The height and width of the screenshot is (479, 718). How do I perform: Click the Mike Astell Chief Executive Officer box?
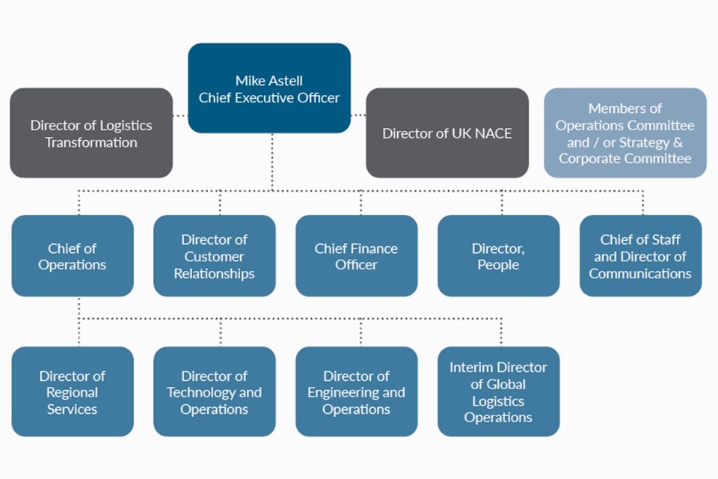click(269, 88)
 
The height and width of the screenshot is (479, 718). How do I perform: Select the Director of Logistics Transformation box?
click(91, 133)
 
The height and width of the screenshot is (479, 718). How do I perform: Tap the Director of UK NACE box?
click(447, 133)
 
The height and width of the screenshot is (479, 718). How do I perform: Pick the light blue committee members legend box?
click(625, 133)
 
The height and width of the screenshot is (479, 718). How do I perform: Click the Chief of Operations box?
click(73, 256)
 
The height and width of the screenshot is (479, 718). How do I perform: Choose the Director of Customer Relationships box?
click(215, 256)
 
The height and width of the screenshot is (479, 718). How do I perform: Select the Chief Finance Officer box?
click(357, 256)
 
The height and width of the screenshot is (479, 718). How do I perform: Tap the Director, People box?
click(498, 256)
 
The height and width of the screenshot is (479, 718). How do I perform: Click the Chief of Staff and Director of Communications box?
click(640, 256)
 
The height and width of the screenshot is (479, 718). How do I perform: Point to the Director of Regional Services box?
click(73, 391)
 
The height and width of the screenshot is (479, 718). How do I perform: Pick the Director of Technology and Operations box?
click(215, 391)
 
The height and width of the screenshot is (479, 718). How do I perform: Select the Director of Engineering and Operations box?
click(357, 391)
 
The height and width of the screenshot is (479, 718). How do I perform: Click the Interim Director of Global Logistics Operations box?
click(498, 391)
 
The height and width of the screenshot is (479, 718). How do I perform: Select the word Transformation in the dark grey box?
click(91, 142)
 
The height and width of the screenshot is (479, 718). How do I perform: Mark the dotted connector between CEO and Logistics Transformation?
click(179, 115)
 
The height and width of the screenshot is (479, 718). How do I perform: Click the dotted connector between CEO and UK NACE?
click(358, 115)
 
